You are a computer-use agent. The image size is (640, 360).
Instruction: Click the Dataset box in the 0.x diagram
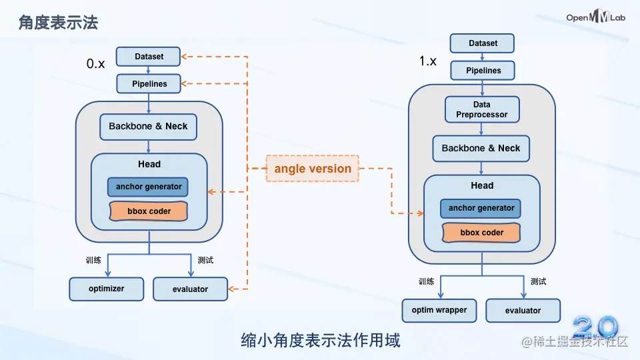click(149, 57)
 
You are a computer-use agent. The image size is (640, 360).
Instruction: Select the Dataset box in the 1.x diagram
click(483, 43)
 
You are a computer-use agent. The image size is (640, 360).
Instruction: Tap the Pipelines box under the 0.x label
click(149, 84)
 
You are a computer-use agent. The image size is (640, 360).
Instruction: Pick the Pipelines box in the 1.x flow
click(483, 70)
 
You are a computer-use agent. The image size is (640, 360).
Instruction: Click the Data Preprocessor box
click(481, 109)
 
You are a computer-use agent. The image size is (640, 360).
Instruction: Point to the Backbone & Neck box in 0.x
click(148, 126)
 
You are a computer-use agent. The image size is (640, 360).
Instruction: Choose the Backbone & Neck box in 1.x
click(481, 148)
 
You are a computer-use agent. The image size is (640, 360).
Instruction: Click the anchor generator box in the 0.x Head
click(148, 187)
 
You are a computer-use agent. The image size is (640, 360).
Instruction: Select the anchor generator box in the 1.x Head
click(481, 208)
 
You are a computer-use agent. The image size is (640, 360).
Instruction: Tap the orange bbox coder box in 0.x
click(149, 211)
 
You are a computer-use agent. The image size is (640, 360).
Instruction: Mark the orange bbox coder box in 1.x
click(481, 233)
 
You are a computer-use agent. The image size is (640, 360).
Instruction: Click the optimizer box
click(106, 289)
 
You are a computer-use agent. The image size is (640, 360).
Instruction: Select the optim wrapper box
click(439, 310)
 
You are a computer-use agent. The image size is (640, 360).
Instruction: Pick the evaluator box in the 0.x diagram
click(190, 289)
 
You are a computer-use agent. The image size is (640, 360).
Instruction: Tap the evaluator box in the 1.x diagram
click(523, 310)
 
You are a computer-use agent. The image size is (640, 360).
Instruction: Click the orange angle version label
click(312, 169)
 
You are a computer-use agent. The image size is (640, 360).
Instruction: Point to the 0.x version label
click(95, 64)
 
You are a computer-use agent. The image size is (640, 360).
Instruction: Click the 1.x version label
click(428, 61)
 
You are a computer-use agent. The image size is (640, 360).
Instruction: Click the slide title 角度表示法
click(58, 22)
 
